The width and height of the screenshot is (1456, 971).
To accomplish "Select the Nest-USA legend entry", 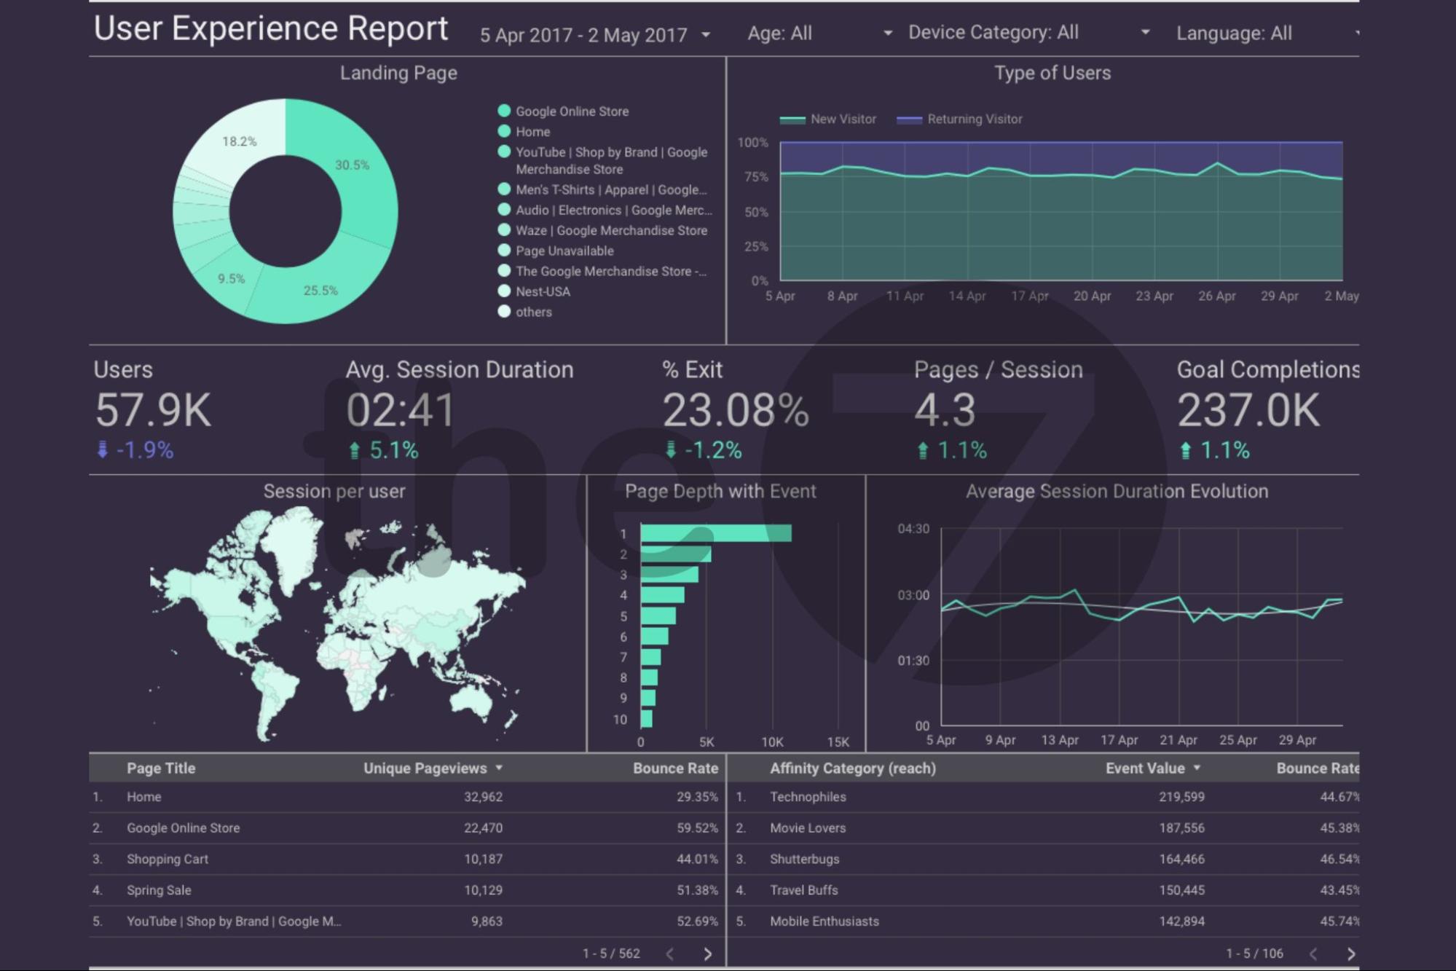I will pyautogui.click(x=543, y=291).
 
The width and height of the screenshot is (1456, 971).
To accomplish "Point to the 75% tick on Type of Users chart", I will pyautogui.click(x=755, y=177).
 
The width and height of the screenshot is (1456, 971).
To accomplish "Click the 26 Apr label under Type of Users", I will pyautogui.click(x=1216, y=296).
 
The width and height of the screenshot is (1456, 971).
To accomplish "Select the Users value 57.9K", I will pyautogui.click(x=153, y=410).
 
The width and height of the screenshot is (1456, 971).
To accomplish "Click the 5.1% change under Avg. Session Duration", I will pyautogui.click(x=393, y=450).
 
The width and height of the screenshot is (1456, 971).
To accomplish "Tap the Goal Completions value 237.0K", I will pyautogui.click(x=1248, y=410).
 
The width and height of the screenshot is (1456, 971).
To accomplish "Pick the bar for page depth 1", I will pyautogui.click(x=715, y=533).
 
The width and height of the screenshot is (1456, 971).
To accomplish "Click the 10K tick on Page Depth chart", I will pyautogui.click(x=772, y=742).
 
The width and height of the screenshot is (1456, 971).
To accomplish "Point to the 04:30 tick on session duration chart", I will pyautogui.click(x=913, y=529).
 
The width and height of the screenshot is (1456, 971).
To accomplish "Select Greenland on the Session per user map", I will pyautogui.click(x=291, y=546).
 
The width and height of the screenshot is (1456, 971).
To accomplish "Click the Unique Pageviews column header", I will pyautogui.click(x=425, y=768).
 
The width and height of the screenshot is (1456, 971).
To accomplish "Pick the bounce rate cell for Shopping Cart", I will pyautogui.click(x=696, y=859).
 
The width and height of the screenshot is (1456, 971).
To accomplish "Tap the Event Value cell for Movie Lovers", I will pyautogui.click(x=1181, y=828).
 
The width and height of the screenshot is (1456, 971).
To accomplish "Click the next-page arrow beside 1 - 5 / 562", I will pyautogui.click(x=707, y=954).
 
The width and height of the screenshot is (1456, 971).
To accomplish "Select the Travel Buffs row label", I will pyautogui.click(x=803, y=890).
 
